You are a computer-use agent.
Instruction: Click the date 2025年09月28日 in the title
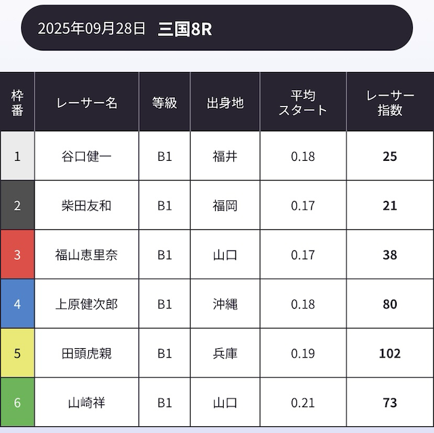tap(92, 29)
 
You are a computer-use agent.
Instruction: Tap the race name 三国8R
tap(184, 29)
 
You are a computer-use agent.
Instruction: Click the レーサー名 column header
tap(87, 102)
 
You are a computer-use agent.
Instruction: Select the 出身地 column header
tap(225, 102)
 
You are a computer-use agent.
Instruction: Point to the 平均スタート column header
tap(302, 102)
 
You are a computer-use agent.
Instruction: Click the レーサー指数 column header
tap(389, 102)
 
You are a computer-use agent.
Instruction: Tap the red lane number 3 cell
tap(18, 255)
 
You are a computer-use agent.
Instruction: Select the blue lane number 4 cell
tap(18, 304)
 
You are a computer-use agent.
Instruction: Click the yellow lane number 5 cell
tap(18, 353)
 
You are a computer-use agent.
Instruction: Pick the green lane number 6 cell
tap(18, 402)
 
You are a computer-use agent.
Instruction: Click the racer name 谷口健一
tap(87, 156)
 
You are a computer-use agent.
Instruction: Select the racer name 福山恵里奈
tap(87, 255)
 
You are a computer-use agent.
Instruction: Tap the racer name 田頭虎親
tap(87, 353)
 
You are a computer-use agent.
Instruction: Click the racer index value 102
tap(389, 353)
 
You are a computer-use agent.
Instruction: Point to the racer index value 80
tap(389, 304)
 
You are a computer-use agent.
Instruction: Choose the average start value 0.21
tap(302, 402)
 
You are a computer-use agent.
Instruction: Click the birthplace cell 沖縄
tap(225, 304)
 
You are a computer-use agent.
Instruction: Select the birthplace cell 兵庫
tap(225, 353)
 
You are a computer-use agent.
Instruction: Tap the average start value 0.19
tap(302, 353)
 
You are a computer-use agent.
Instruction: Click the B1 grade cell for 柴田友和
tap(165, 206)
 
